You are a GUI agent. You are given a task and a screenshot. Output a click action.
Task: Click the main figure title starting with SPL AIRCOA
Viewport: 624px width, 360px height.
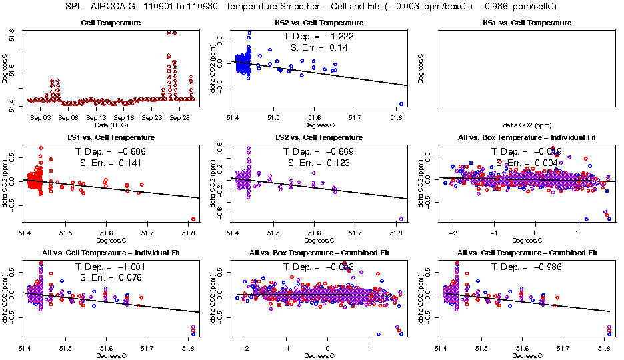[312, 7]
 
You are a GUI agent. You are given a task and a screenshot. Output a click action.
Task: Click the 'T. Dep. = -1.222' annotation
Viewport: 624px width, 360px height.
[313, 37]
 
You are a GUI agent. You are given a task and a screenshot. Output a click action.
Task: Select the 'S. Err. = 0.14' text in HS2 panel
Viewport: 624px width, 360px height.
[313, 48]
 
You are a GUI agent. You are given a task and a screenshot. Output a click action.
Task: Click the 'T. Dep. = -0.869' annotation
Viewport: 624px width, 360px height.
[313, 151]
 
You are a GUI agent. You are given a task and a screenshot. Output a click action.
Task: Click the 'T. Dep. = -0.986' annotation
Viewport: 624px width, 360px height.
[525, 267]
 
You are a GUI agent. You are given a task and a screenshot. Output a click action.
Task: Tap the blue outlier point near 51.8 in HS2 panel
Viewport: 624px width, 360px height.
[401, 104]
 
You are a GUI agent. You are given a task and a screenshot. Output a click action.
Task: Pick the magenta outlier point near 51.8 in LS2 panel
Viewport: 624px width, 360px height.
[401, 219]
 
